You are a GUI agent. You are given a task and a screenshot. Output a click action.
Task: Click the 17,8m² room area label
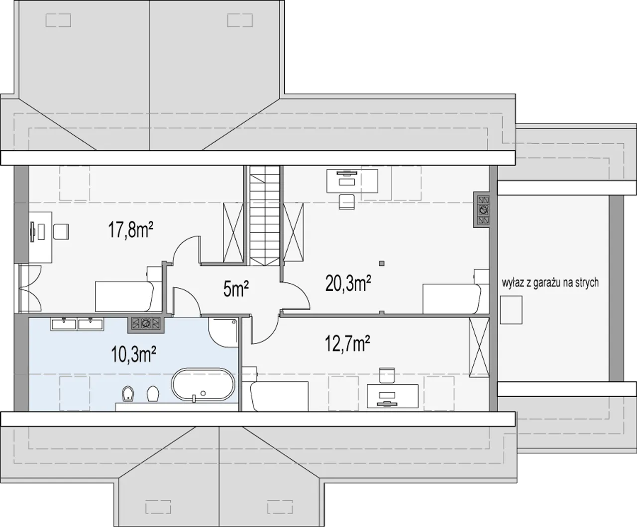point(130,230)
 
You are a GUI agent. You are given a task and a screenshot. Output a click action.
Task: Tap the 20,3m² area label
point(348,283)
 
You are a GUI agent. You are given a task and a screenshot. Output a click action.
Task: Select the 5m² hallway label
point(236,289)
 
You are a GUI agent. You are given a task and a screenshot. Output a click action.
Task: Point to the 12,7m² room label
point(347,344)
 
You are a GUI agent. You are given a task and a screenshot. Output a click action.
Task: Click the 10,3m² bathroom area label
point(134,355)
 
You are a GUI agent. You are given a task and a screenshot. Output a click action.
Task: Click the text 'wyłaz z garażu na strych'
point(550,282)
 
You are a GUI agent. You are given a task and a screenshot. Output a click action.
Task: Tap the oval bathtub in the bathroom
point(203,384)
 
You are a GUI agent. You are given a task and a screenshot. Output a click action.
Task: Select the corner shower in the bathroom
point(223,332)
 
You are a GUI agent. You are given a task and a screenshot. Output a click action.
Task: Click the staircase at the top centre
point(264,215)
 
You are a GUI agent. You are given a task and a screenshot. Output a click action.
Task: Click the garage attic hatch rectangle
point(511,310)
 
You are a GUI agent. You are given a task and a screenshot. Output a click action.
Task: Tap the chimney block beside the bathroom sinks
point(145,323)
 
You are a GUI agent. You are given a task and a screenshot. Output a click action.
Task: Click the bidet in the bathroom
point(128,394)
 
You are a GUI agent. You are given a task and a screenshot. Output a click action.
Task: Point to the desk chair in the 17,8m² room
point(61,232)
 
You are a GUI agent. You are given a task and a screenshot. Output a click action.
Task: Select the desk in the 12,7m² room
point(393,396)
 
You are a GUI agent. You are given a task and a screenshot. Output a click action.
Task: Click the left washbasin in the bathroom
point(64,324)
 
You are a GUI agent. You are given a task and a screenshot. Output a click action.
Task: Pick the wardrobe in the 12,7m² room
point(479,347)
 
